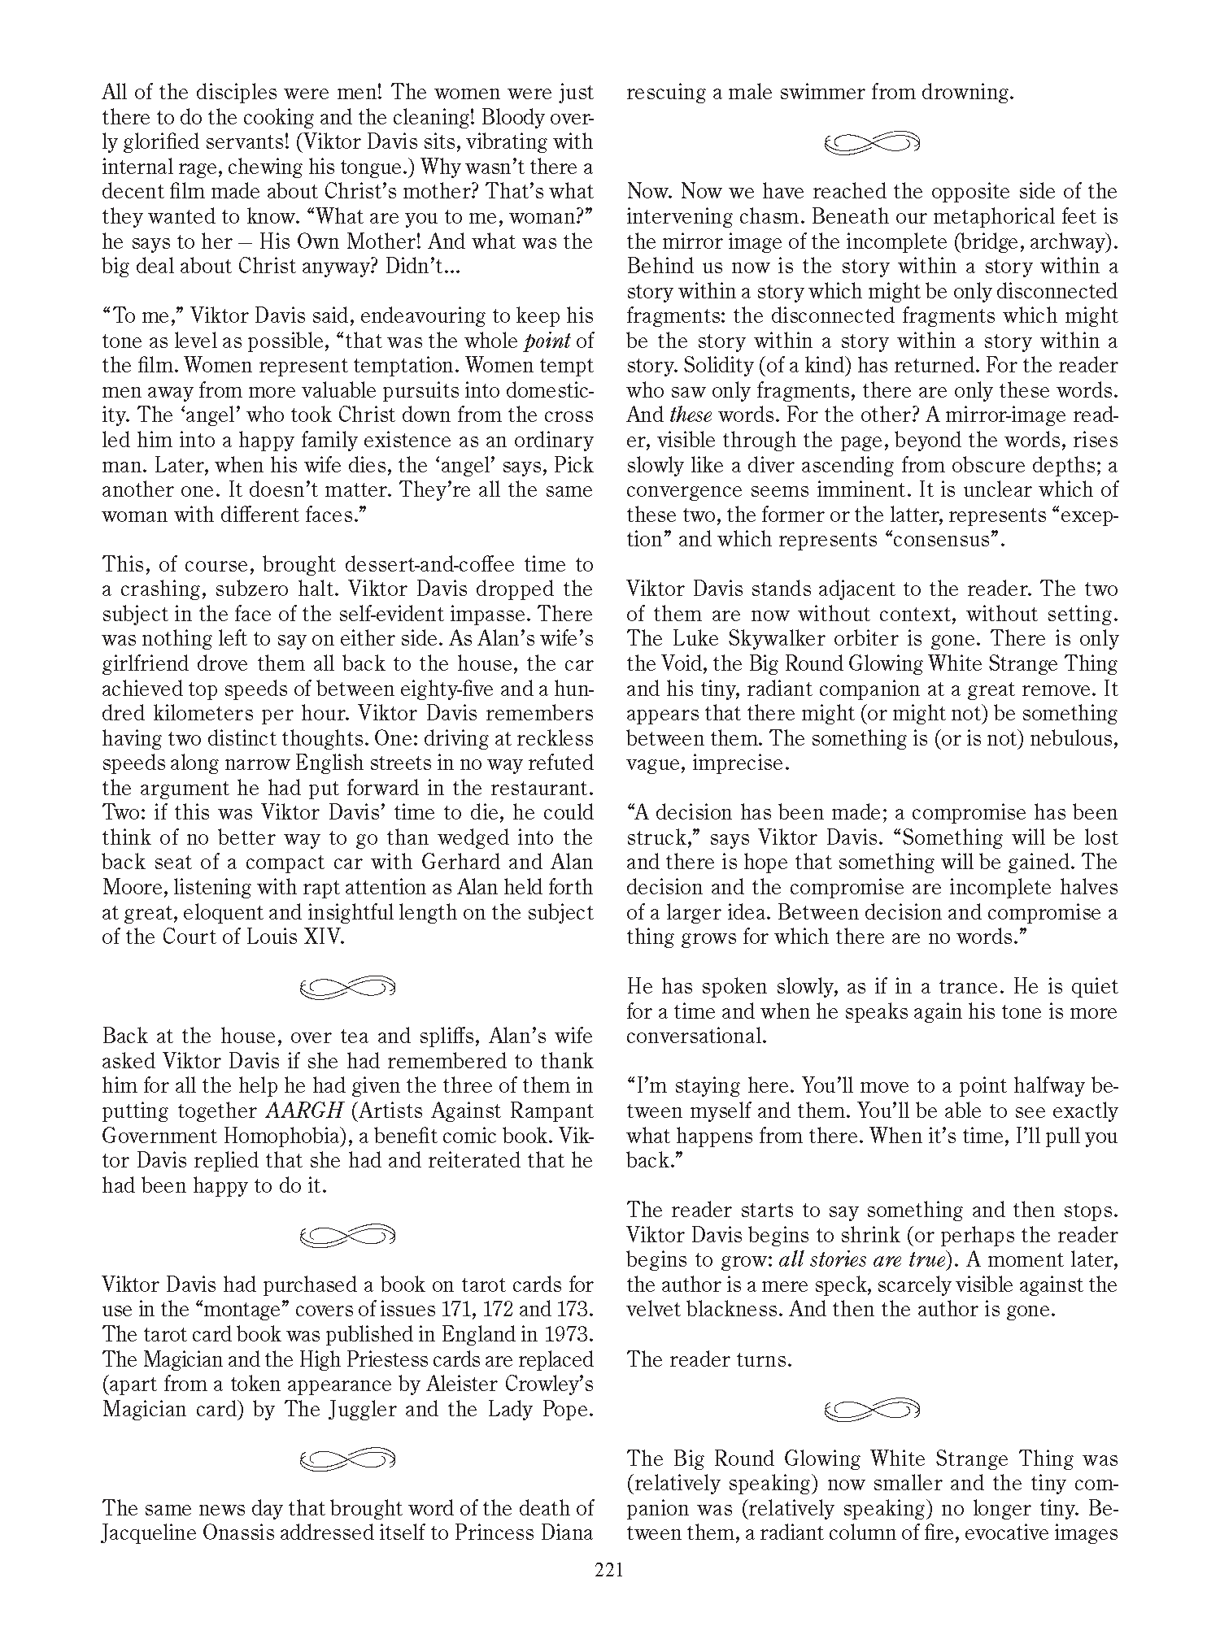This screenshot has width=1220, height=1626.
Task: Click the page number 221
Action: tap(608, 1569)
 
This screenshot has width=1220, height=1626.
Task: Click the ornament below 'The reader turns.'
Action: tap(872, 1409)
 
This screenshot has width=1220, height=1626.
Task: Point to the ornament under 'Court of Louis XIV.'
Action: tap(347, 988)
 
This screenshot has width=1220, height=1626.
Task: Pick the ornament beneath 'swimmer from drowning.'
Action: tap(872, 143)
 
